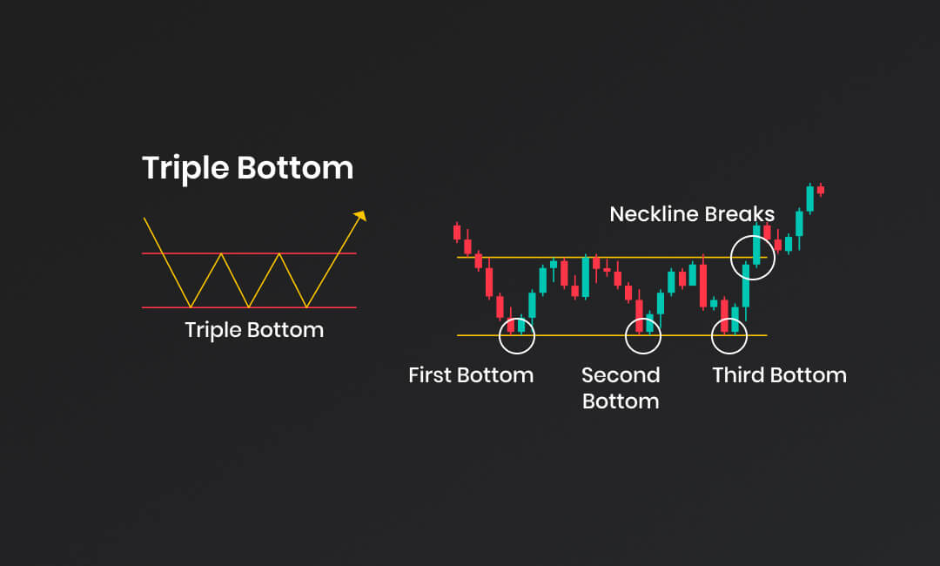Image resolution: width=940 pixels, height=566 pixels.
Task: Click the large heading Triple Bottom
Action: [247, 168]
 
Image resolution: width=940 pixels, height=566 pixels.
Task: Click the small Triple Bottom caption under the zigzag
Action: [254, 330]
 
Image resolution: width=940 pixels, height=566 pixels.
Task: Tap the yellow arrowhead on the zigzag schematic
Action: [360, 215]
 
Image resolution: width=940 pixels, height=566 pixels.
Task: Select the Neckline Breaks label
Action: [692, 214]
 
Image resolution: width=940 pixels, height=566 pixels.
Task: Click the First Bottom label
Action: [471, 375]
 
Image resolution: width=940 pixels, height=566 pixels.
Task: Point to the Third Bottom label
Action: [779, 375]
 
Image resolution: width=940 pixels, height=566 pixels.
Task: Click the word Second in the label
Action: [621, 375]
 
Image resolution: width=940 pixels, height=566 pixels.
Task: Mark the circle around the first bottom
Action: [500, 336]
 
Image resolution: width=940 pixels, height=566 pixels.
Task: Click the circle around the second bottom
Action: [625, 336]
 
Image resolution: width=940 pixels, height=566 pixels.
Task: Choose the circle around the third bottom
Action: [712, 336]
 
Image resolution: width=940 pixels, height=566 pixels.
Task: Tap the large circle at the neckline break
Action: [731, 258]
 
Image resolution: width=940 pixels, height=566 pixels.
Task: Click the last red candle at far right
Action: [821, 190]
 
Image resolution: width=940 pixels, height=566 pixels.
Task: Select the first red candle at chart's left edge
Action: [457, 232]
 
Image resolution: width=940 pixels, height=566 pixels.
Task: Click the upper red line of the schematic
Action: [250, 253]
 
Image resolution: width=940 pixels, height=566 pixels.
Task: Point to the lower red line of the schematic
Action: [250, 307]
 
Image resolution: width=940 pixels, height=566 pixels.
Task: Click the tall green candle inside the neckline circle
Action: [756, 245]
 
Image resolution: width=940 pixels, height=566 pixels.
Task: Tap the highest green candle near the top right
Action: [810, 199]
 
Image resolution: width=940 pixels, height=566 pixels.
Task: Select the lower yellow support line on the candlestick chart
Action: [612, 335]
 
